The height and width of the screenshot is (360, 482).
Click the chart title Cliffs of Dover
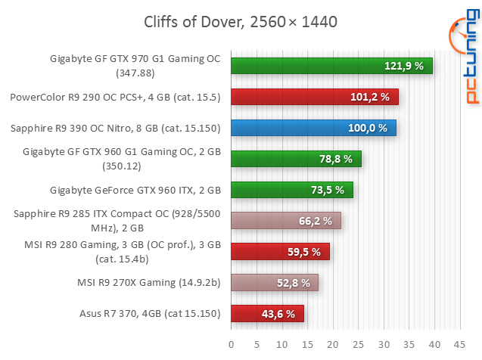coord(241,21)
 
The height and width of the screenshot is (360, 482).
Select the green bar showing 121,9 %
coord(331,67)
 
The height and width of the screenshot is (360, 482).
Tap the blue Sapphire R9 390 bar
coord(313,128)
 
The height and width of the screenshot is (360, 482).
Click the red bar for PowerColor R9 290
coord(314,97)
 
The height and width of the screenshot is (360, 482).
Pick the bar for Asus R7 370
coord(267,313)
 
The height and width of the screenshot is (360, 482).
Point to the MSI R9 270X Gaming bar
coord(274,283)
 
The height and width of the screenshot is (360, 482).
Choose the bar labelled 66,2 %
coord(285,221)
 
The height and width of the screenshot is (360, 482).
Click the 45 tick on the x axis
coord(459,344)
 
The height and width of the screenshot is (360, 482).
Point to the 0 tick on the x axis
coord(231,344)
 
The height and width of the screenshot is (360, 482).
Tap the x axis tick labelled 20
coord(332,344)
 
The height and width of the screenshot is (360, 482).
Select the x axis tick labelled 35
coord(408,344)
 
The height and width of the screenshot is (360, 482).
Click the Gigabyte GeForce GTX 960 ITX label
coord(135,190)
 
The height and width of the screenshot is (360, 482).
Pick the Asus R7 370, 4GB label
coord(150,313)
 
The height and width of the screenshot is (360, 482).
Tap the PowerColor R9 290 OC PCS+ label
coord(115,97)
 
